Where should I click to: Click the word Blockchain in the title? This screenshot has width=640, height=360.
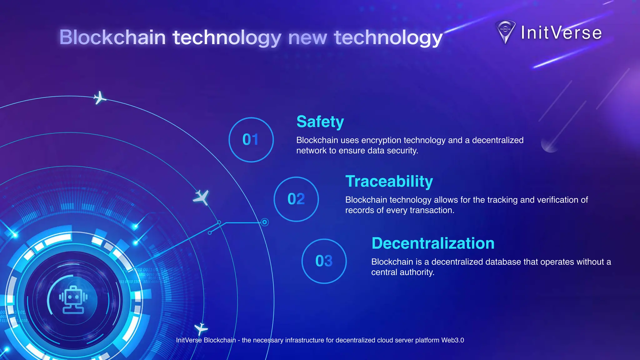click(x=112, y=37)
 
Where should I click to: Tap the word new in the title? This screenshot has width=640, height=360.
click(x=308, y=37)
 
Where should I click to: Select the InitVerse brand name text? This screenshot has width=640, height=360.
click(x=561, y=33)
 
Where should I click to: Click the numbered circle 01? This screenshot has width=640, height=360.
click(x=251, y=140)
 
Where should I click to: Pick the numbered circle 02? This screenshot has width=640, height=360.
click(x=296, y=199)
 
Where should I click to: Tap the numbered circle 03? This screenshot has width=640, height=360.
click(x=324, y=261)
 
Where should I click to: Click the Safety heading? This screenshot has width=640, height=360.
click(x=320, y=122)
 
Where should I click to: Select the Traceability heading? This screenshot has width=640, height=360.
click(x=389, y=181)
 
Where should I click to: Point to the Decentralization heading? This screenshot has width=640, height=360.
click(x=433, y=243)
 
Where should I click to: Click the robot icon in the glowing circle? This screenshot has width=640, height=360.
click(x=73, y=300)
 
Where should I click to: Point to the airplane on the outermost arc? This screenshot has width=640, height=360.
click(x=100, y=98)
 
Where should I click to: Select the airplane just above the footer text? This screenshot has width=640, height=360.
click(x=201, y=329)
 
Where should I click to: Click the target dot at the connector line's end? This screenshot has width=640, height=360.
click(x=265, y=222)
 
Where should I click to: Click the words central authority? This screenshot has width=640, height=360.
click(x=402, y=272)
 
